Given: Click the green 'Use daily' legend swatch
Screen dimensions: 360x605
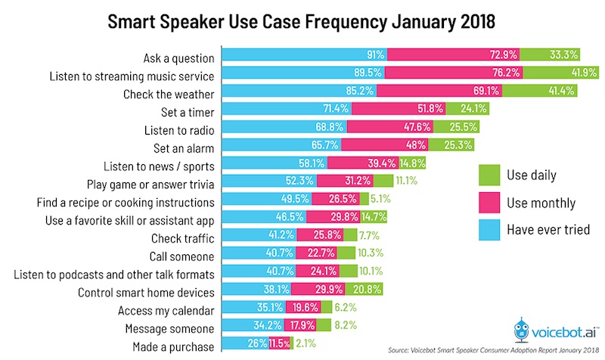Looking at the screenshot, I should tap(489, 176).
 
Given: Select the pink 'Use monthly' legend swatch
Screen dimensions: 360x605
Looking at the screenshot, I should tap(489, 203).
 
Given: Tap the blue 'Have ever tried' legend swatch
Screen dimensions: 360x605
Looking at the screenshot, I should tap(489, 231).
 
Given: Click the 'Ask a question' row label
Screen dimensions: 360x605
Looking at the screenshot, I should tap(178, 57).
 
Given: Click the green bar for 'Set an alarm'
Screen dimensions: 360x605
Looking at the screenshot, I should tap(451, 147).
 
